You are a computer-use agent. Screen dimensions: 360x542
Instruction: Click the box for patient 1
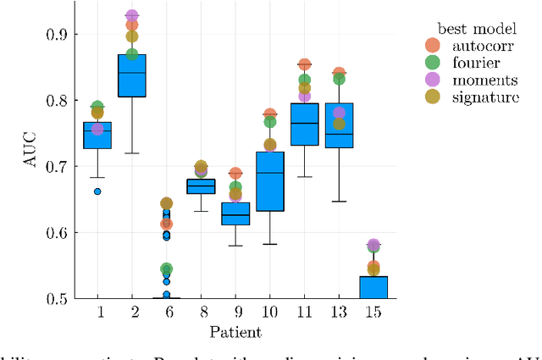point(97,136)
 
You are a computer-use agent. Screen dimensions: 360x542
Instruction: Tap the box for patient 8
point(201,186)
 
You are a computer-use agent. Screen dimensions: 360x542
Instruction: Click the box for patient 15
point(373,287)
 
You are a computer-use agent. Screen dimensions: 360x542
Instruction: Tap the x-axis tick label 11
point(304,313)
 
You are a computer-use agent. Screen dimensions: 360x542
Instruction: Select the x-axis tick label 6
point(166,313)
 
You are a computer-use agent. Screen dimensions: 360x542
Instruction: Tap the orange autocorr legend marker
point(433,46)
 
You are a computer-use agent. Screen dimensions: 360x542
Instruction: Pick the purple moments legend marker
point(433,80)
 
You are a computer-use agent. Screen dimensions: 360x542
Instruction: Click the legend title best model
point(470,29)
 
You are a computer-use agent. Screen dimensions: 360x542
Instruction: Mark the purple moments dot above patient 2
point(131,16)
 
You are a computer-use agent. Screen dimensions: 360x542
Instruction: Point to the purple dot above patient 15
point(373,246)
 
